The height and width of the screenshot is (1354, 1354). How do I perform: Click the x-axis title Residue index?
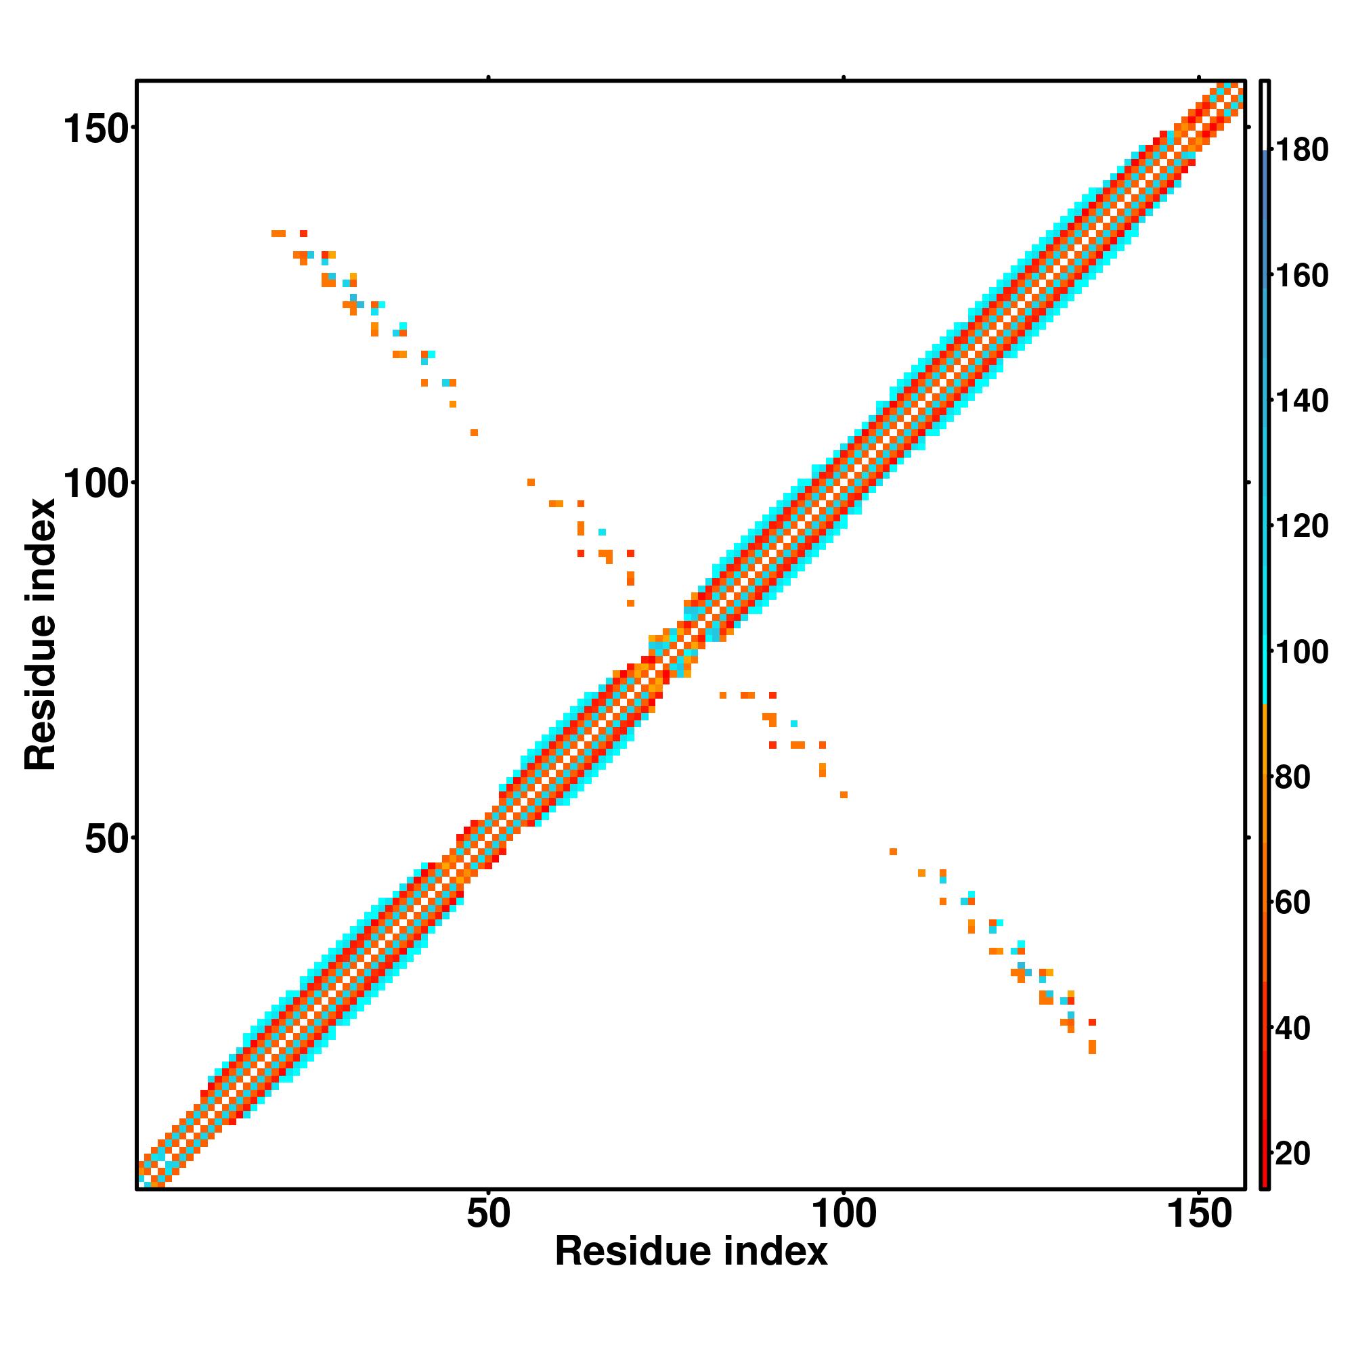[691, 1252]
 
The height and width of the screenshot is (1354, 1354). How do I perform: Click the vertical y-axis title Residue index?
[40, 634]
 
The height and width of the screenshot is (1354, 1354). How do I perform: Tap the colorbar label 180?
[1301, 151]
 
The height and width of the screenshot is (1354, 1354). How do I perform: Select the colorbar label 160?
[1301, 276]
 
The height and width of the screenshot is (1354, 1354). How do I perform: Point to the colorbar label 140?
[1301, 401]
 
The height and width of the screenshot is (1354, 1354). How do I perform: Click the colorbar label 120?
[1301, 527]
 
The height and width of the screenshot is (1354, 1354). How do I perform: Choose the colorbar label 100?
[1301, 653]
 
